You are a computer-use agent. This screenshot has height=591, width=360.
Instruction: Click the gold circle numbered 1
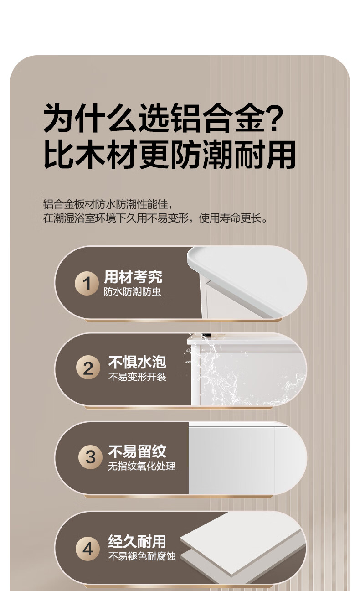87,283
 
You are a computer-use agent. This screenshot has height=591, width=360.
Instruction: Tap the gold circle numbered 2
88,368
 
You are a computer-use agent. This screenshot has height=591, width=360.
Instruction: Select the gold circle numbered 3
91,457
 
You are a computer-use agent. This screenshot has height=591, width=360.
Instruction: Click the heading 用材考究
133,277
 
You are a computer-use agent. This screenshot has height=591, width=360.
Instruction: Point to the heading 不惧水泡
137,362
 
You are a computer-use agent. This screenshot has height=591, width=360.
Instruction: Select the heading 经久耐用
137,541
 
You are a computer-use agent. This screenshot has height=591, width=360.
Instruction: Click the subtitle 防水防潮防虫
132,291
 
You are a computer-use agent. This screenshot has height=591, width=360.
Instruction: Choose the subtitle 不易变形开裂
137,377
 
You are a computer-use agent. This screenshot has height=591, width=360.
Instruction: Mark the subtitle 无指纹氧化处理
142,466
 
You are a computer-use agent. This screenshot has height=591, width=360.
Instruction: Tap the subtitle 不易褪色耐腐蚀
142,556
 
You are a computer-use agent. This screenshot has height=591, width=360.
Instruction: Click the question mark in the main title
275,118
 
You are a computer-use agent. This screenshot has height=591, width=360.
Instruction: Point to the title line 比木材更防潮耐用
170,155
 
